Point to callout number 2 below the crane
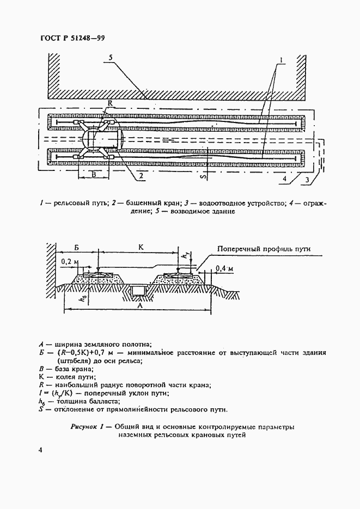pos(140,175)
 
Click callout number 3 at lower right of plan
pos(308,179)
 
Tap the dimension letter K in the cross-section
pos(141,247)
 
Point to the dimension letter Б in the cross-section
pos(76,247)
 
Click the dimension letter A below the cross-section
pos(141,306)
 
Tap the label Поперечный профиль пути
pos(264,248)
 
